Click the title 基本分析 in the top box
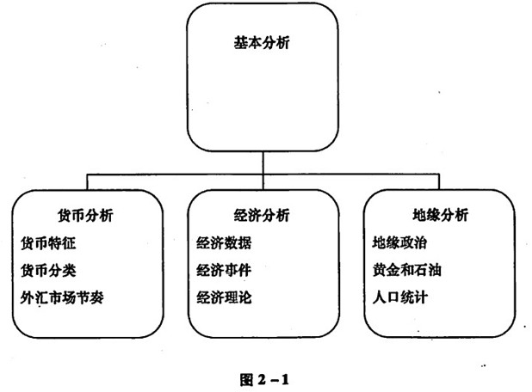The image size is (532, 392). pyautogui.click(x=262, y=42)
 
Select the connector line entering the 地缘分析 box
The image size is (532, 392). pyautogui.click(x=438, y=186)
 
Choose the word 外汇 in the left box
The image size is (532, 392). pyautogui.click(x=33, y=298)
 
